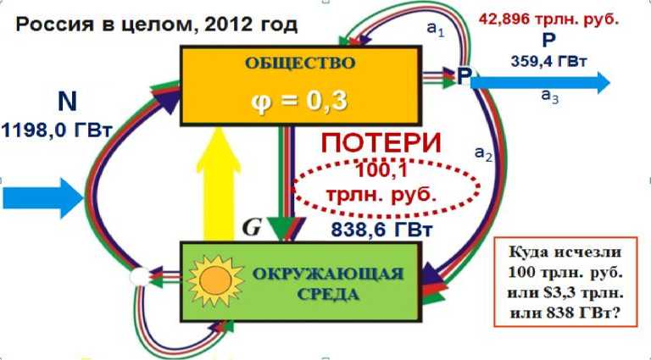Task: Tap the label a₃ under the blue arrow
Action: [549, 96]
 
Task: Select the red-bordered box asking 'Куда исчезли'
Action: [565, 282]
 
